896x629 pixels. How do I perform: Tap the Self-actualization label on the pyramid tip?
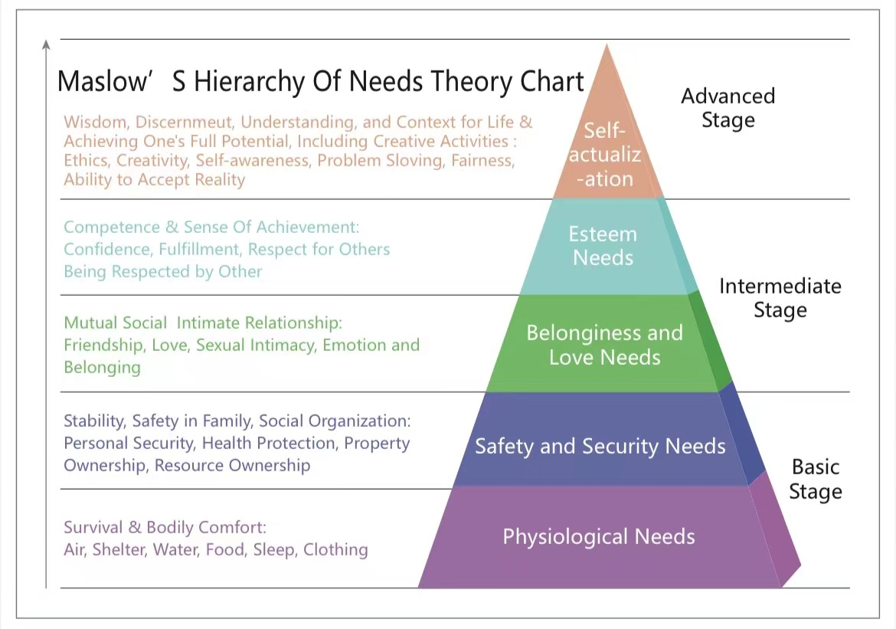tap(605, 155)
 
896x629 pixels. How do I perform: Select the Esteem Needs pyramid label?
tap(603, 246)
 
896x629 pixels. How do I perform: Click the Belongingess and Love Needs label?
tap(604, 345)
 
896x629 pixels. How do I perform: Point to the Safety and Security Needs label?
tap(600, 446)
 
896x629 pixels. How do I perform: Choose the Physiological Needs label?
tap(598, 536)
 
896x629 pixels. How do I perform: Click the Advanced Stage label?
tap(728, 108)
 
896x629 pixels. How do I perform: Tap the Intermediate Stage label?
tap(780, 298)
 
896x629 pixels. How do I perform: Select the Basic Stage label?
tap(815, 479)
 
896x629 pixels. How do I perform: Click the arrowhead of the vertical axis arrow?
tap(47, 44)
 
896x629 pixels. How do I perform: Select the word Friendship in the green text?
tap(103, 346)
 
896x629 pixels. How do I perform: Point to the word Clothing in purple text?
tap(335, 550)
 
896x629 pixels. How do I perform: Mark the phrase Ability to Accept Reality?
tap(154, 180)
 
